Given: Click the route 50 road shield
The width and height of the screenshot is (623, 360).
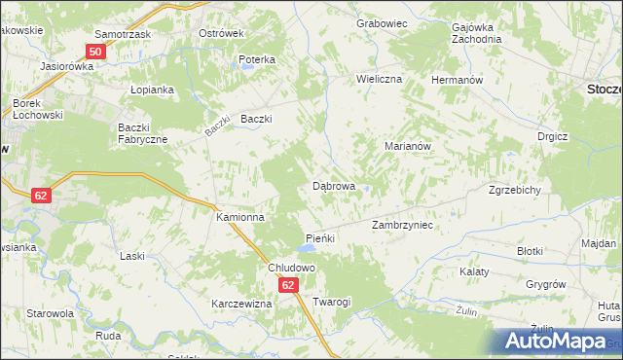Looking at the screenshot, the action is coord(95,51).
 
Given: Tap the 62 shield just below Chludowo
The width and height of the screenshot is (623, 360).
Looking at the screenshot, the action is coord(288,285).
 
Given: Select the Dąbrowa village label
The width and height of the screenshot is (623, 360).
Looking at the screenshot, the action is coord(333,185).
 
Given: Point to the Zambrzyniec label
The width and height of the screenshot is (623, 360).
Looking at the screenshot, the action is coord(402,225).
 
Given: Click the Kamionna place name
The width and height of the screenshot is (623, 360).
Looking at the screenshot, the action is coord(239,218).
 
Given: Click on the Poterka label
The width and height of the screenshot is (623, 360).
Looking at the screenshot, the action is coord(258,59).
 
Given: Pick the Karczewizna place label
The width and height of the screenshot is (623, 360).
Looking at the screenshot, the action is coord(241,304).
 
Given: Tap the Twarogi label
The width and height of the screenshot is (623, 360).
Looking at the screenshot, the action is coord(332,302).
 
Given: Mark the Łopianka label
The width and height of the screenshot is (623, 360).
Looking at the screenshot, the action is coord(152,90).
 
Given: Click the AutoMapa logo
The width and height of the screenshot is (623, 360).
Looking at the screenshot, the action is coord(557,341).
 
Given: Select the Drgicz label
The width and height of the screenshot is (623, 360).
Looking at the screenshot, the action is coord(552,137).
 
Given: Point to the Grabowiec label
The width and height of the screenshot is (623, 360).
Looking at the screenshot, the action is coord(381,21).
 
